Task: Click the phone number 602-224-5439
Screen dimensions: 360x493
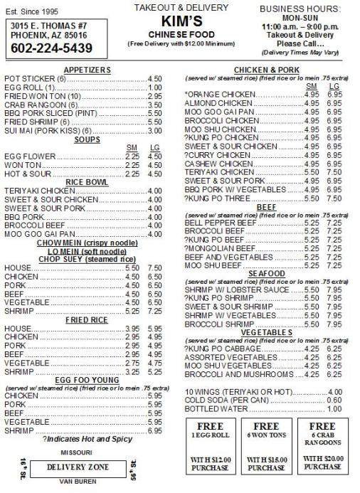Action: pos(47,48)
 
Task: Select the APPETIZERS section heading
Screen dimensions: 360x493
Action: pos(87,70)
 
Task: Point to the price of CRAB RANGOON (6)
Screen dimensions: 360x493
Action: pos(154,105)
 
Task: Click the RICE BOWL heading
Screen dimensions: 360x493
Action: pos(87,182)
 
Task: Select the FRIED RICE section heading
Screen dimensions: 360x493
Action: pos(87,320)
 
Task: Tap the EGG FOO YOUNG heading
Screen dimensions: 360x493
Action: pos(87,380)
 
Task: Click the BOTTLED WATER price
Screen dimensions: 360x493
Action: pos(334,409)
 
